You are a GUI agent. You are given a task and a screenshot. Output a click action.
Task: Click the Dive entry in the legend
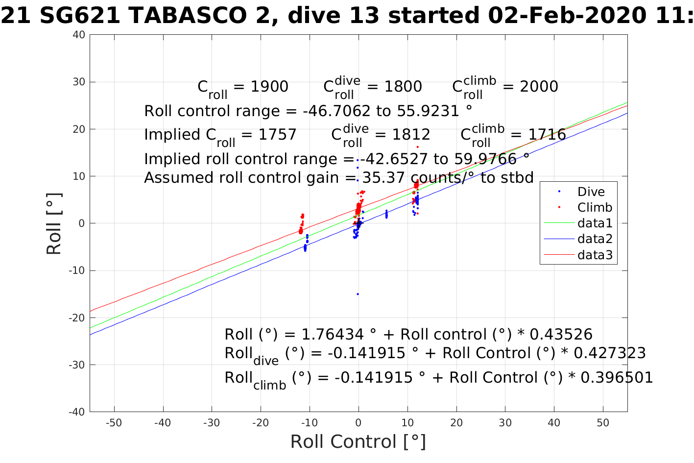[x=591, y=192]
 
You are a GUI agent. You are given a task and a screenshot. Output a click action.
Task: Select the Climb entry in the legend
[x=594, y=207]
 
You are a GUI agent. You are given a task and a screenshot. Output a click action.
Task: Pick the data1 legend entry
[x=595, y=223]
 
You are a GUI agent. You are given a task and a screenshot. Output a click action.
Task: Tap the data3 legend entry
[x=595, y=255]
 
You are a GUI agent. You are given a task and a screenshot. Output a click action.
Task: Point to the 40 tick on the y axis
[x=79, y=35]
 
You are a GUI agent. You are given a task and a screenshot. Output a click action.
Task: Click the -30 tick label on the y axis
[x=77, y=365]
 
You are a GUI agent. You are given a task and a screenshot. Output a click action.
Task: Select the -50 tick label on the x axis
[x=114, y=423]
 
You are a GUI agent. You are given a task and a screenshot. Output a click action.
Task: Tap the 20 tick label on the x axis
[x=456, y=423]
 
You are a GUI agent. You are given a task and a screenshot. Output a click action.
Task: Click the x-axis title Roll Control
[x=358, y=442]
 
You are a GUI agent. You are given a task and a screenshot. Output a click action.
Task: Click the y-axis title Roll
[x=54, y=223]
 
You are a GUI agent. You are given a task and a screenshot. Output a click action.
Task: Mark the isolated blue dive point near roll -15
[x=358, y=294]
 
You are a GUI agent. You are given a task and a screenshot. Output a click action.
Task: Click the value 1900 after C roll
[x=269, y=87]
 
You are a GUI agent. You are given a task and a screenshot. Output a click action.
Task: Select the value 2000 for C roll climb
[x=539, y=87]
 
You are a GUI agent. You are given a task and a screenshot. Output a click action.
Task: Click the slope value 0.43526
[x=561, y=335]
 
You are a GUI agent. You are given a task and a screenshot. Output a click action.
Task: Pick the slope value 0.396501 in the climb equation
[x=617, y=378]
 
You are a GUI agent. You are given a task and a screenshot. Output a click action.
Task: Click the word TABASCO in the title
[x=187, y=16]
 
